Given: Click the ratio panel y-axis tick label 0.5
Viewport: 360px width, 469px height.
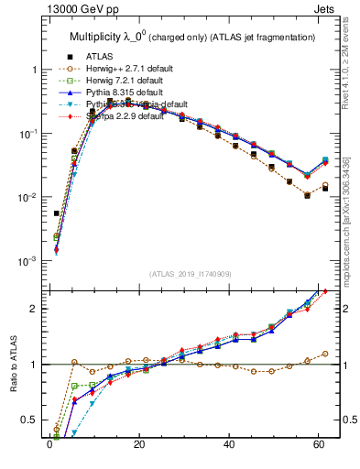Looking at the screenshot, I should point(31,420).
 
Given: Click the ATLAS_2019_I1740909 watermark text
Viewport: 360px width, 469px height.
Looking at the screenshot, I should point(190,274).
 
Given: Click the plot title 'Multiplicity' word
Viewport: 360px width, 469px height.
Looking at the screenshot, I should point(98,37).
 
